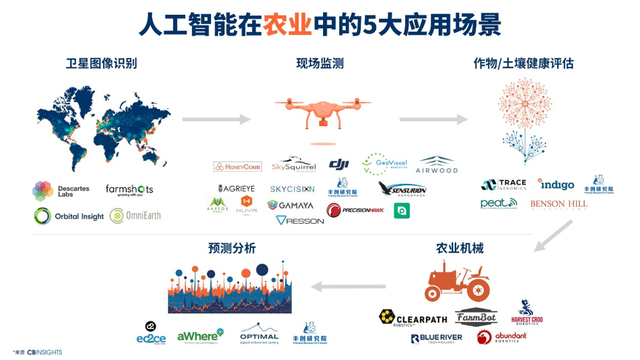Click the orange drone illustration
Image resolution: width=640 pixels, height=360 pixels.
pyautogui.click(x=322, y=113)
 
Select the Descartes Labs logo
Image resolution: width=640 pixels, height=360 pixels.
pyautogui.click(x=61, y=190)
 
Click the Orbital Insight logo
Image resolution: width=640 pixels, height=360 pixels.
pyautogui.click(x=68, y=216)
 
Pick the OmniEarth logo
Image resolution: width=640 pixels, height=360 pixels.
pyautogui.click(x=135, y=216)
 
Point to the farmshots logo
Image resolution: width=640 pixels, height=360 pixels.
pyautogui.click(x=129, y=190)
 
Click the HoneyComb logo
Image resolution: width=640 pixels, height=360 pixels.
pyautogui.click(x=238, y=167)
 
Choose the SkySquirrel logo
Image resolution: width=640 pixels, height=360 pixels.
pyautogui.click(x=293, y=165)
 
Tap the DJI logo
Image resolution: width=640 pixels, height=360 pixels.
pyautogui.click(x=339, y=164)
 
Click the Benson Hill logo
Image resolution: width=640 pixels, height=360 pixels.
pyautogui.click(x=559, y=204)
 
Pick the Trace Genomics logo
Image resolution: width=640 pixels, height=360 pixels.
pyautogui.click(x=504, y=184)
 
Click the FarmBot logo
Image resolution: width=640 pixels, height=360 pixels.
pyautogui.click(x=476, y=318)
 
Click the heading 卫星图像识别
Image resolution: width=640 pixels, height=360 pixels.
pyautogui.click(x=101, y=64)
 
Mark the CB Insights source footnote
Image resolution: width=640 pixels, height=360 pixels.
pyautogui.click(x=38, y=353)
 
